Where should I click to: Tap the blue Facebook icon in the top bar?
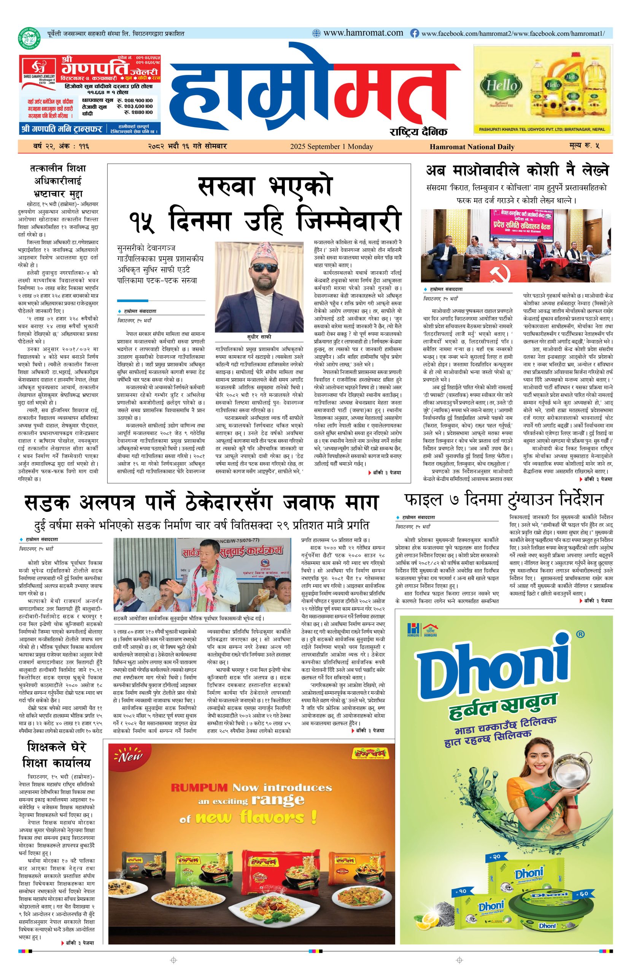[x=415, y=33]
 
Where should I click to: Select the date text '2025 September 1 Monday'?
[x=331, y=146]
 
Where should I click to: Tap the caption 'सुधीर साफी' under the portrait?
[x=259, y=337]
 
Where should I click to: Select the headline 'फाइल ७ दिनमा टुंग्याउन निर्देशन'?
[x=503, y=500]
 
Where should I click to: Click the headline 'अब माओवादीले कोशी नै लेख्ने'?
[x=517, y=170]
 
